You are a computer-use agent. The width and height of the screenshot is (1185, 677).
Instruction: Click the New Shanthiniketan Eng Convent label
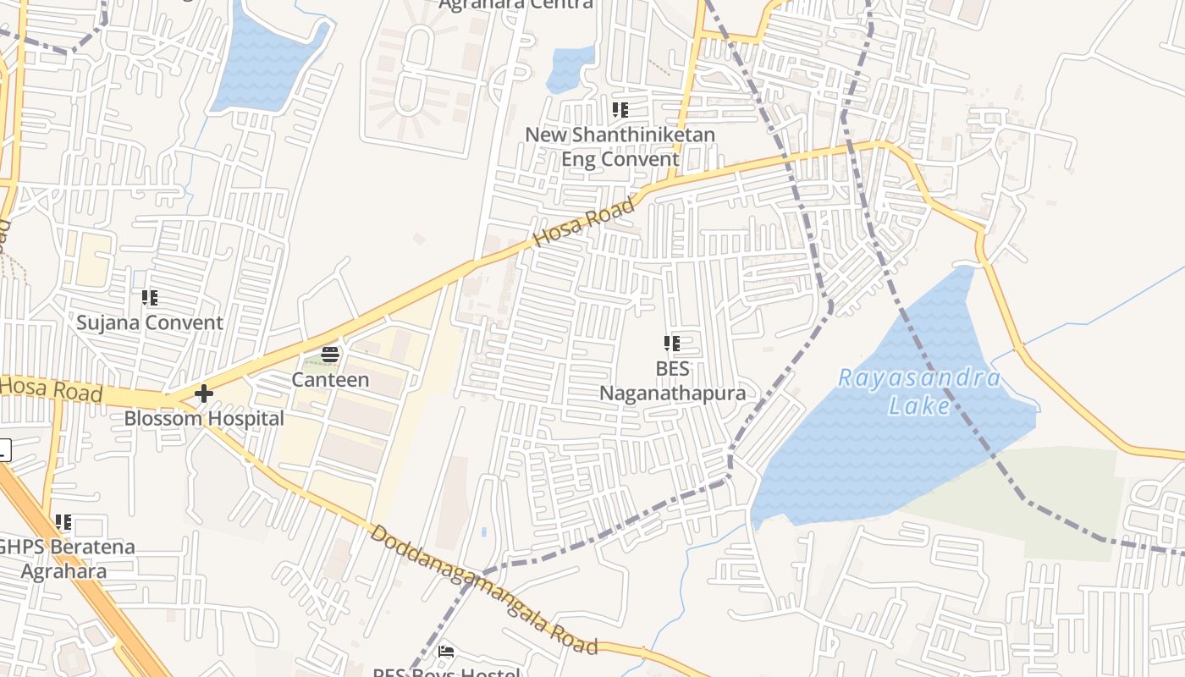pyautogui.click(x=620, y=146)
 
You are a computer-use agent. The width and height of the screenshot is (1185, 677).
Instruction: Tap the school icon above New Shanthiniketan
pyautogui.click(x=620, y=110)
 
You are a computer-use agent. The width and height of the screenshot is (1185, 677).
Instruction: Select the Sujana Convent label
pyautogui.click(x=150, y=322)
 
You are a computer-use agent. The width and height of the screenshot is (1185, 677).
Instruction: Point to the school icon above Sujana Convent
pyautogui.click(x=150, y=297)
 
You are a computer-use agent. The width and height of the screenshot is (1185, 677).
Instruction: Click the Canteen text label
pyautogui.click(x=330, y=380)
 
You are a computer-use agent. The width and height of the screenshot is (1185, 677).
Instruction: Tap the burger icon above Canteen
pyautogui.click(x=330, y=355)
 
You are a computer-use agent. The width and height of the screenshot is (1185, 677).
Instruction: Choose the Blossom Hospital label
pyautogui.click(x=204, y=418)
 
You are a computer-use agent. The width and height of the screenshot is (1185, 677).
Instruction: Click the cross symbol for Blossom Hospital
pyautogui.click(x=204, y=394)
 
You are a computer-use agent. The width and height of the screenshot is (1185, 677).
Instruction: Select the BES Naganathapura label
pyautogui.click(x=672, y=381)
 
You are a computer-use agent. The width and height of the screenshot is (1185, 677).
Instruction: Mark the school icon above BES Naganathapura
pyautogui.click(x=672, y=344)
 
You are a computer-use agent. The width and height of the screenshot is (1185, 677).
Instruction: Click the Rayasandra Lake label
pyautogui.click(x=919, y=391)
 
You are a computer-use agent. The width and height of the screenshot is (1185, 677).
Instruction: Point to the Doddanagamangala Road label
pyautogui.click(x=484, y=590)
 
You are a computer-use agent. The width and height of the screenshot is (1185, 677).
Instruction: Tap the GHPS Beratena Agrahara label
pyautogui.click(x=65, y=559)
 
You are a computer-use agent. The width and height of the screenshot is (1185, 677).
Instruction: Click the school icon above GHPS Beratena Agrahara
pyautogui.click(x=63, y=522)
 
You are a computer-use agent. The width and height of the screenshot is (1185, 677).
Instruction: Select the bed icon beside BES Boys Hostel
pyautogui.click(x=446, y=652)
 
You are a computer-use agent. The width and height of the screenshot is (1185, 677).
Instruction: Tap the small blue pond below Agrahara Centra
pyautogui.click(x=570, y=69)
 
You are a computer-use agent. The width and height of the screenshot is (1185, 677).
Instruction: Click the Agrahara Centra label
pyautogui.click(x=515, y=4)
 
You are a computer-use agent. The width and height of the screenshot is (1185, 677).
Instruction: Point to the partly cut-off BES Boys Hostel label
pyautogui.click(x=447, y=672)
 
